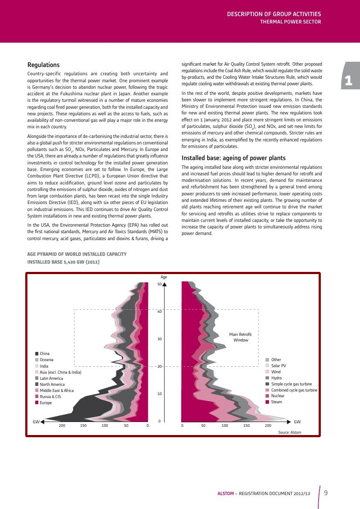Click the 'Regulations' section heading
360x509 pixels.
click(44, 65)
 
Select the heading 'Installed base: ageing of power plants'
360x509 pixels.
click(233, 158)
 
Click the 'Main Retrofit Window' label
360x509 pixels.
click(240, 337)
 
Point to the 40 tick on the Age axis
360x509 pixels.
click(160, 311)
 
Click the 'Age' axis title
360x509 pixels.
click(164, 277)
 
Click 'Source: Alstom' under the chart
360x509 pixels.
click(289, 432)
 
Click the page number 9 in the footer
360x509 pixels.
click(326, 493)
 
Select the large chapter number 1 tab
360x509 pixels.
click(348, 80)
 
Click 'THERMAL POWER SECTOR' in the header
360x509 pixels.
click(290, 21)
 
